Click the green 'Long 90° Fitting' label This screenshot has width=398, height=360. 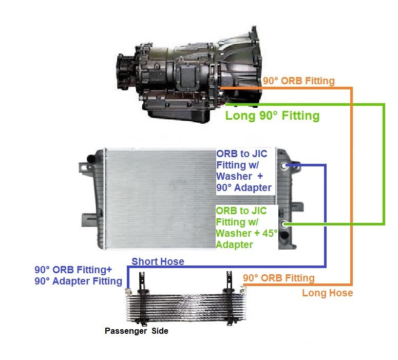[272, 116]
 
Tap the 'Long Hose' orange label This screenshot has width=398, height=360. [327, 293]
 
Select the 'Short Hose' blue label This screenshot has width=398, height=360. [158, 261]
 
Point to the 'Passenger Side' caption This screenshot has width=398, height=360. [137, 331]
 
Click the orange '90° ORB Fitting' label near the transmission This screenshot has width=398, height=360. [298, 81]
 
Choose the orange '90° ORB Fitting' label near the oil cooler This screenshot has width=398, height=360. [278, 278]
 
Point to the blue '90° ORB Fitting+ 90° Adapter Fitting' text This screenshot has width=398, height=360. [79, 275]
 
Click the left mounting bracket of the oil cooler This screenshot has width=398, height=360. [142, 281]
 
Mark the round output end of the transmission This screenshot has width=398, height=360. [124, 72]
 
